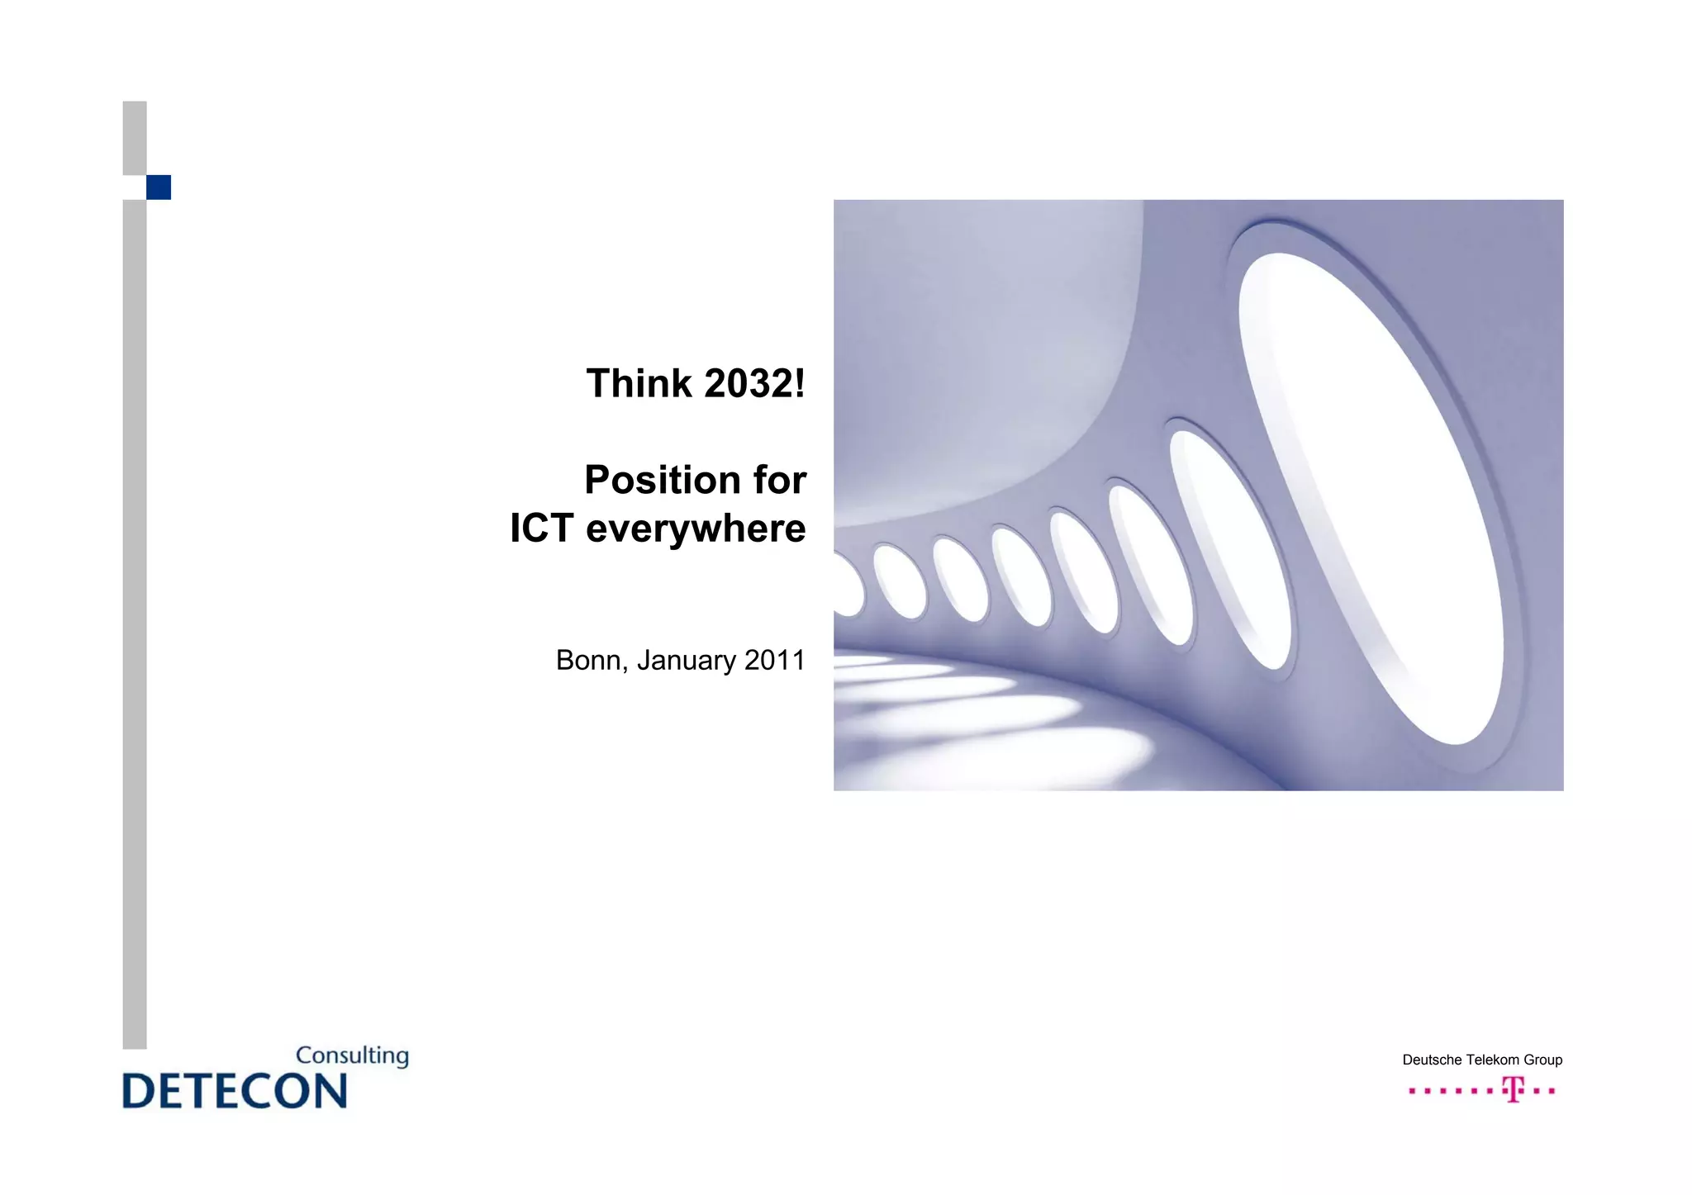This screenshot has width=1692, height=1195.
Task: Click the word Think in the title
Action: click(x=638, y=384)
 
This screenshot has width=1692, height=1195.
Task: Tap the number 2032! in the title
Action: click(x=754, y=384)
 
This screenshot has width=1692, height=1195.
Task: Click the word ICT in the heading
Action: click(x=541, y=529)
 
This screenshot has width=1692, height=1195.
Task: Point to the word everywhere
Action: click(x=696, y=529)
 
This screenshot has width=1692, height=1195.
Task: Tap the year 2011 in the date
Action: click(x=774, y=661)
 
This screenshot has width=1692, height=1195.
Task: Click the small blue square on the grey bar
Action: click(x=159, y=187)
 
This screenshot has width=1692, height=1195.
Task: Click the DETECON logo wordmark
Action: click(x=235, y=1091)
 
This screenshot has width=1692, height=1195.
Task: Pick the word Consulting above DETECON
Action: click(x=352, y=1056)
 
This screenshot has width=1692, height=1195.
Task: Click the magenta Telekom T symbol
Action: click(x=1513, y=1090)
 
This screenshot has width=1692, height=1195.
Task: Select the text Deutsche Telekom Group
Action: click(x=1482, y=1060)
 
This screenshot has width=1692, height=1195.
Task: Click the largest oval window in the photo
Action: click(x=1371, y=496)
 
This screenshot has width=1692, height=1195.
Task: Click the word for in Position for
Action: click(x=779, y=481)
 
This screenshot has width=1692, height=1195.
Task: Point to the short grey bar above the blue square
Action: click(x=135, y=138)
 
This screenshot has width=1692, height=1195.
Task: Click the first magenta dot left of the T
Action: click(x=1412, y=1091)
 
